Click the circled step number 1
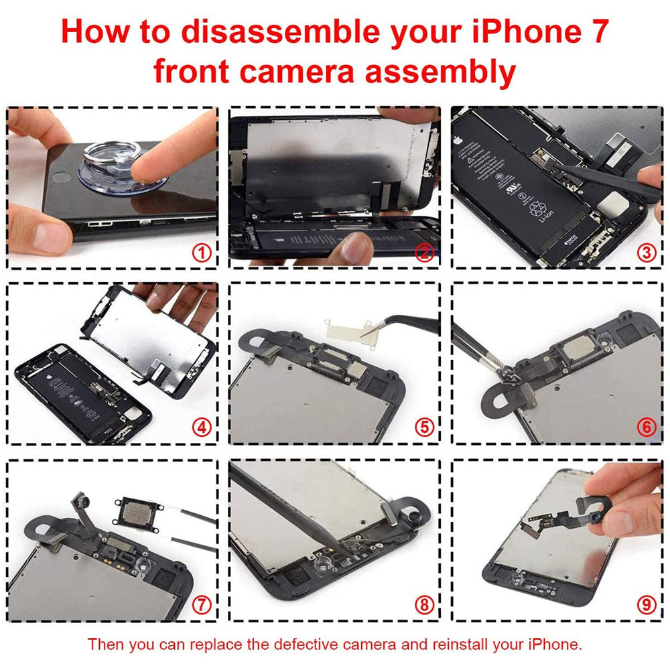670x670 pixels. (x=202, y=253)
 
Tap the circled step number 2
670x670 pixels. (x=423, y=253)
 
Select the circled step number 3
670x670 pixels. (x=646, y=253)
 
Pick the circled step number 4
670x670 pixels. (x=202, y=427)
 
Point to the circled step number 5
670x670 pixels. (x=423, y=427)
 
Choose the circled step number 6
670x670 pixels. (x=646, y=427)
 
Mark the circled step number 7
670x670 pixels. (x=202, y=605)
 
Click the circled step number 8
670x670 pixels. (x=423, y=605)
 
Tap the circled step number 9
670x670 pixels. (x=646, y=605)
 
